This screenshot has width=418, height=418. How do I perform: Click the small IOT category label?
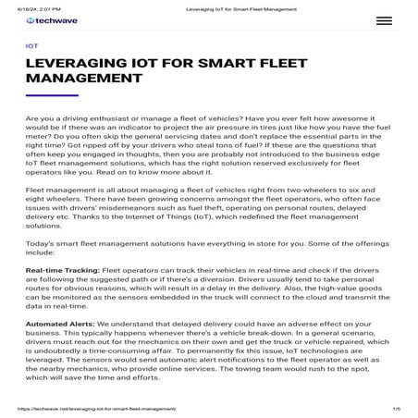[x=32, y=44]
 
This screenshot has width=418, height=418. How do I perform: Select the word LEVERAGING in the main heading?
[x=83, y=62]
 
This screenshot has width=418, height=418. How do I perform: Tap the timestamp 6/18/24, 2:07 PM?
[x=27, y=5]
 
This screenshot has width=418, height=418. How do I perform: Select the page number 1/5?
[x=396, y=407]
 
